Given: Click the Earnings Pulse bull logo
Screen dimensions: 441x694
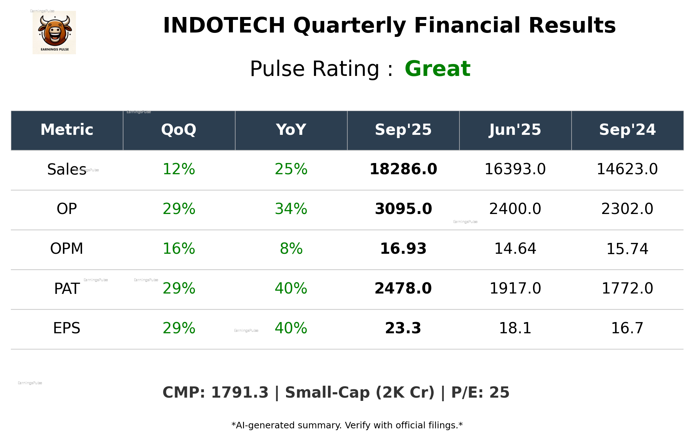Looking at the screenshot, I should click(x=54, y=33).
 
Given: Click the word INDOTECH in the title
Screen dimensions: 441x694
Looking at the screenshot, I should click(x=224, y=26).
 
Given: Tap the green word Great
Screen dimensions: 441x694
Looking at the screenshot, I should click(x=437, y=69).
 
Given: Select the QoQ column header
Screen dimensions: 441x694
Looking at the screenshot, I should click(x=179, y=130).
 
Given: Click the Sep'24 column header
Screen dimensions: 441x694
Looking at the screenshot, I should click(x=627, y=130).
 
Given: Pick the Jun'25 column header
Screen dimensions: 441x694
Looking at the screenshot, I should click(x=515, y=130).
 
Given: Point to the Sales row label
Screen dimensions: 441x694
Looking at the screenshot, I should click(x=67, y=170).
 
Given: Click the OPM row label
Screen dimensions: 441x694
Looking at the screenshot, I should click(x=67, y=249).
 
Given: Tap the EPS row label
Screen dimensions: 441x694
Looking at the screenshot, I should click(x=67, y=328).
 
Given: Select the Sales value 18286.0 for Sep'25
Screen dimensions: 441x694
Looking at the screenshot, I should click(x=403, y=170).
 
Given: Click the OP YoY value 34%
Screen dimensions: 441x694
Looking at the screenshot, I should click(x=291, y=209).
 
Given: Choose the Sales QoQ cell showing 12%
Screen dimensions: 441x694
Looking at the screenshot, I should click(x=179, y=170).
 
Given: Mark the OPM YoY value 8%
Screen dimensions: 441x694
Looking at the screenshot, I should click(x=291, y=249).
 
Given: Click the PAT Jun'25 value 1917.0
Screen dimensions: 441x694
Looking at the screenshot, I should click(x=515, y=288).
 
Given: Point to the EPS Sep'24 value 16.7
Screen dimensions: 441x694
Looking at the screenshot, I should click(x=627, y=328).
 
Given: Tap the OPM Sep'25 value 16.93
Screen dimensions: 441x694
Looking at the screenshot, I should click(x=403, y=249).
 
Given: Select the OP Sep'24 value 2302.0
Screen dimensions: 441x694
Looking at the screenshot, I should click(x=627, y=209).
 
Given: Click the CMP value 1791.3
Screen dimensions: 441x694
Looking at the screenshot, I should click(x=239, y=393).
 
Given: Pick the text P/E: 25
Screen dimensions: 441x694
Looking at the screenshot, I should click(x=480, y=393).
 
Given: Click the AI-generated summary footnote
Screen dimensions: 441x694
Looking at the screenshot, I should click(x=347, y=425).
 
